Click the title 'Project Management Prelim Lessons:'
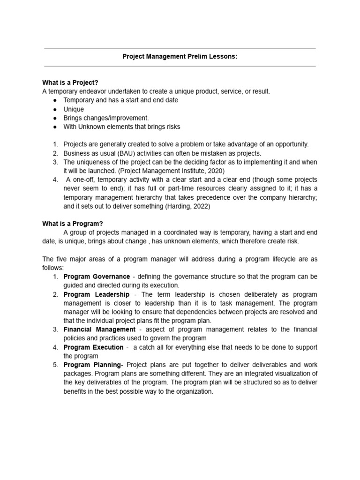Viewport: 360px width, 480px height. [x=180, y=57]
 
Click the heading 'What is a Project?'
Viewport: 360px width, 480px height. [x=70, y=83]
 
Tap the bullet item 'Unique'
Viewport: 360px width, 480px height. [x=74, y=109]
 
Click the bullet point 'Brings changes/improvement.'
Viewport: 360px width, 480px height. [x=106, y=118]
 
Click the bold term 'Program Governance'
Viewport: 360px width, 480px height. [x=97, y=277]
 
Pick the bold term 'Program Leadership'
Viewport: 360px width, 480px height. [x=96, y=294]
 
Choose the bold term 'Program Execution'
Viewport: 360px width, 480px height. [x=93, y=347]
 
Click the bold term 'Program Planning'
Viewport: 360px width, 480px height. [x=92, y=365]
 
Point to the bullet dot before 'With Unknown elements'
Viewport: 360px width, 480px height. [x=55, y=127]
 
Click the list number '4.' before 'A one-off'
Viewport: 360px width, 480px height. [x=55, y=180]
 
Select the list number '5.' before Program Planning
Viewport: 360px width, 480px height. [x=55, y=365]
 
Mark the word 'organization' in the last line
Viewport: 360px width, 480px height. [x=194, y=391]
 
